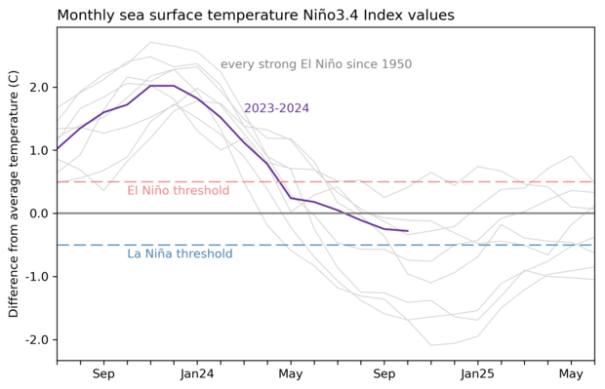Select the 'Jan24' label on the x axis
(197, 374)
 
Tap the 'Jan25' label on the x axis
(478, 374)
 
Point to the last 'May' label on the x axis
(572, 374)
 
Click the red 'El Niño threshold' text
(179, 191)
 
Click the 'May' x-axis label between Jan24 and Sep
(291, 374)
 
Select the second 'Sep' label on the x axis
(384, 374)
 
